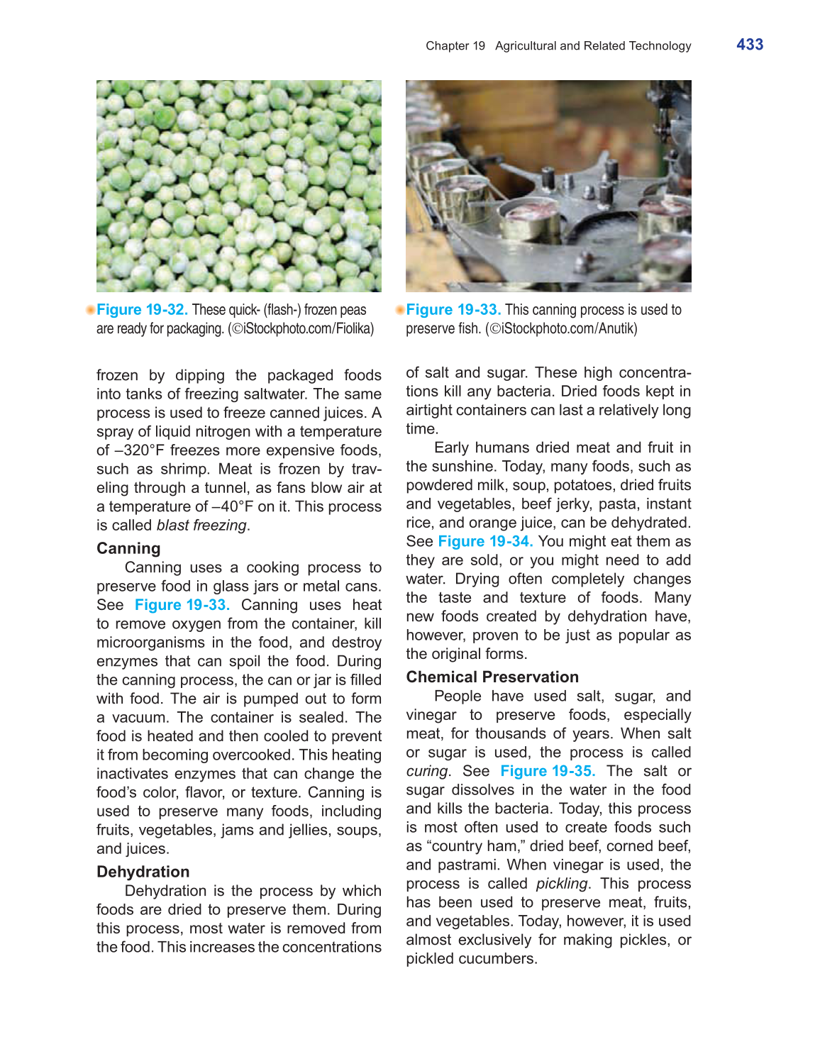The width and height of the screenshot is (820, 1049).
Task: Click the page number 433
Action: point(750,45)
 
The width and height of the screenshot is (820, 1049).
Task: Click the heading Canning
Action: point(128,548)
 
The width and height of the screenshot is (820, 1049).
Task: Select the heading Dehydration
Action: point(143,872)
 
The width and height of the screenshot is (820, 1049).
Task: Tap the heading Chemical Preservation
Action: point(492,677)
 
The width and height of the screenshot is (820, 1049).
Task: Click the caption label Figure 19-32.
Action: point(142,310)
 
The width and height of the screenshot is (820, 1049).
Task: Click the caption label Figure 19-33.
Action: point(453,310)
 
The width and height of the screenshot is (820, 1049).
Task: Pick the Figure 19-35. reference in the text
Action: point(548,771)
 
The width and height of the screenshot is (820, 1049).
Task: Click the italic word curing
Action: point(427,771)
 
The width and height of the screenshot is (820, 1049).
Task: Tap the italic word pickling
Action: point(562,884)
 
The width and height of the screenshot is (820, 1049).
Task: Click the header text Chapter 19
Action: point(455,46)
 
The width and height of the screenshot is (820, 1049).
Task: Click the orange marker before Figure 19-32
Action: point(90,310)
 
